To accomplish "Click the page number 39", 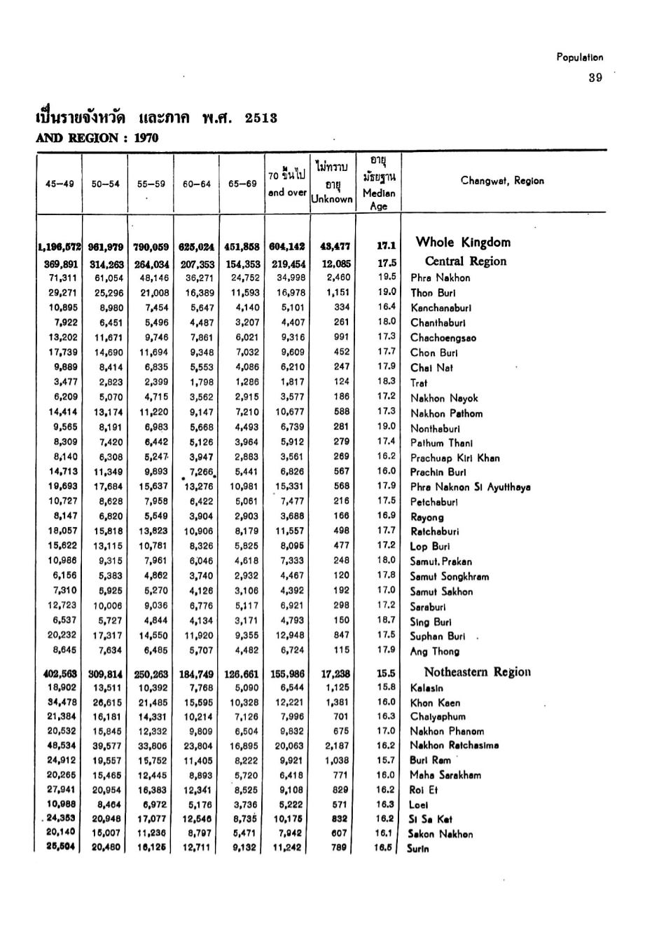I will [x=595, y=78].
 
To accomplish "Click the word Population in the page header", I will [x=579, y=57].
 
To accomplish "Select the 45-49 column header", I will [x=60, y=184].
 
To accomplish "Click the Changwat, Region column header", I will [x=502, y=181].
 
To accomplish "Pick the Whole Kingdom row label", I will [x=463, y=242].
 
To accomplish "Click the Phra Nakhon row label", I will [x=440, y=278].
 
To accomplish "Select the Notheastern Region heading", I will [x=477, y=672].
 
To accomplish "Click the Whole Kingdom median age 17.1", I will [x=386, y=246].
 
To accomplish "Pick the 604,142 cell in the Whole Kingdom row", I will [x=287, y=246].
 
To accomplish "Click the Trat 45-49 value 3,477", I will [x=65, y=382].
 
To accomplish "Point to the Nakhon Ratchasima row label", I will [x=455, y=746].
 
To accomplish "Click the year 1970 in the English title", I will [x=146, y=138].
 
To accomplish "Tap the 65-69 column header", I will [x=242, y=184].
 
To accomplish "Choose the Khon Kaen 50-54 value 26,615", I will [x=105, y=702].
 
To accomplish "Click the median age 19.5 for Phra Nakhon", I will [x=386, y=277].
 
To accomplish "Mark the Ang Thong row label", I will [x=434, y=651].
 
